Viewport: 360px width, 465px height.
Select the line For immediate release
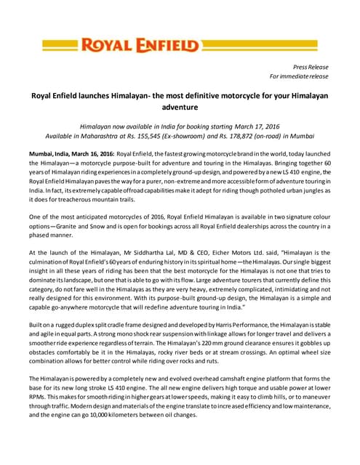pos(299,76)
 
